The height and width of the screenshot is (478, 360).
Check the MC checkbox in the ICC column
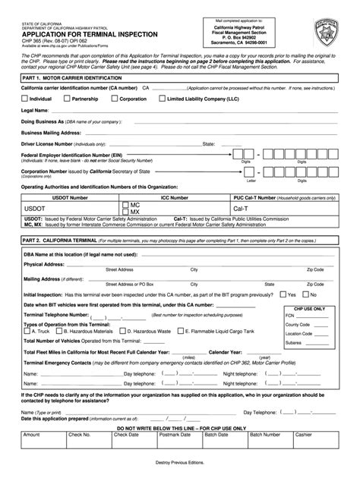(125, 205)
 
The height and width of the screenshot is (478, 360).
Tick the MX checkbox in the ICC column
(125, 212)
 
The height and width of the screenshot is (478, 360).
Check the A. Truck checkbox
(27, 331)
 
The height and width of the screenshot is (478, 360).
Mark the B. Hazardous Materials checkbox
(59, 331)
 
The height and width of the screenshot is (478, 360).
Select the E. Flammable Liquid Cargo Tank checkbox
(181, 331)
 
